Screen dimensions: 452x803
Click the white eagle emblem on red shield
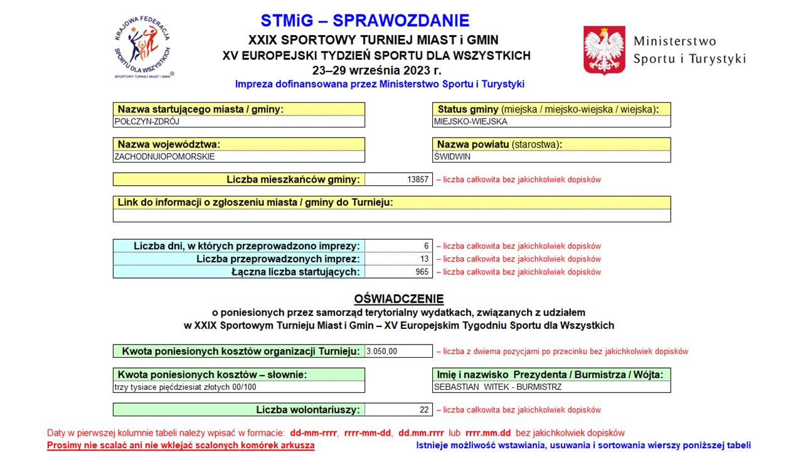point(604,50)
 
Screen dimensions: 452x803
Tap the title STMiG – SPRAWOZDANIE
point(364,21)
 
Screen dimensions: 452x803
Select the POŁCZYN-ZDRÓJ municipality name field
point(238,122)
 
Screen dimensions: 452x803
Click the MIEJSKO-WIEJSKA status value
point(551,122)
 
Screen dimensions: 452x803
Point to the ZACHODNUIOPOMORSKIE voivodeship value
point(238,157)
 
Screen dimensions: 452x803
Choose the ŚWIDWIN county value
point(551,157)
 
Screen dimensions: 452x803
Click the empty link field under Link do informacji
point(391,215)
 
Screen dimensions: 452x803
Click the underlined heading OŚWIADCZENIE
point(399,299)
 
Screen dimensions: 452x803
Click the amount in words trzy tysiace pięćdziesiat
point(186,387)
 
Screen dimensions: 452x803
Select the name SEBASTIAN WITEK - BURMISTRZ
point(497,387)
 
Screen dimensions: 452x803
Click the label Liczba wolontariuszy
point(308,410)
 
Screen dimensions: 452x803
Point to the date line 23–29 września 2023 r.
point(376,70)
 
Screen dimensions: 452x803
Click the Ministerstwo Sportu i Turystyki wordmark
point(689,50)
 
